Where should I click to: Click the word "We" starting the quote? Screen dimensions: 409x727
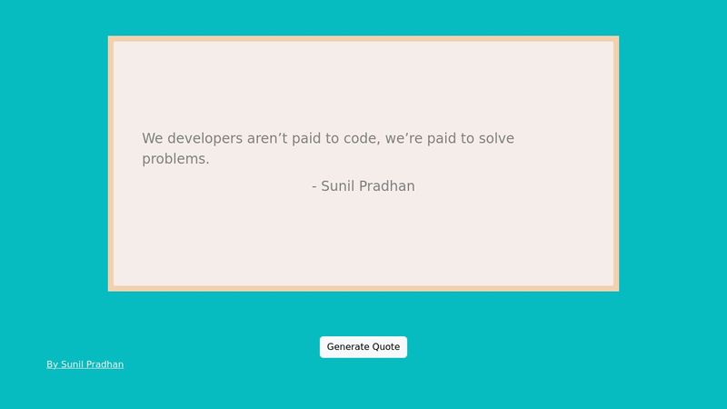coord(152,139)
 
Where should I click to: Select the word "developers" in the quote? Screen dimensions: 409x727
coord(204,139)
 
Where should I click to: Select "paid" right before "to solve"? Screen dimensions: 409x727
coord(445,139)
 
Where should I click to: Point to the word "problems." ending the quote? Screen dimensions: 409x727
coord(175,159)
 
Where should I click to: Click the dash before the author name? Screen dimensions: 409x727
coord(314,187)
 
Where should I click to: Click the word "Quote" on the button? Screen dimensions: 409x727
coord(385,347)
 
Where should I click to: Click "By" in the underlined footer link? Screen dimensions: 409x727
coord(53,364)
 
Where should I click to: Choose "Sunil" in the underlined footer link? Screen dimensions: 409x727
coord(71,364)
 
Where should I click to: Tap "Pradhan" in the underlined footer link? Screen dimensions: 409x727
coord(105,364)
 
